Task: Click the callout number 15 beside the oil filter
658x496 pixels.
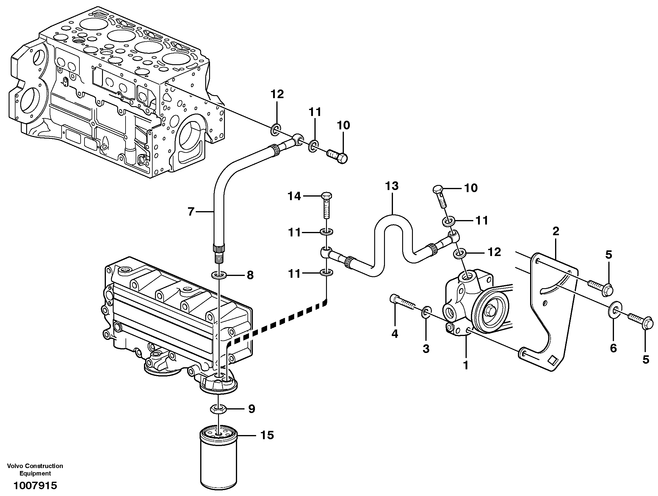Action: click(x=267, y=435)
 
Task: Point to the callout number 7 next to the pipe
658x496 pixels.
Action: click(x=191, y=212)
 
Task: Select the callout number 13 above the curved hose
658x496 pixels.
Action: click(x=392, y=186)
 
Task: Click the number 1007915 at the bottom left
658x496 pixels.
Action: click(x=35, y=486)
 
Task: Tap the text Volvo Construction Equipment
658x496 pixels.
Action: click(x=35, y=470)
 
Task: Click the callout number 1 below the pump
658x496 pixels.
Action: click(x=466, y=365)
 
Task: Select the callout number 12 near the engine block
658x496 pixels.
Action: click(x=277, y=95)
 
